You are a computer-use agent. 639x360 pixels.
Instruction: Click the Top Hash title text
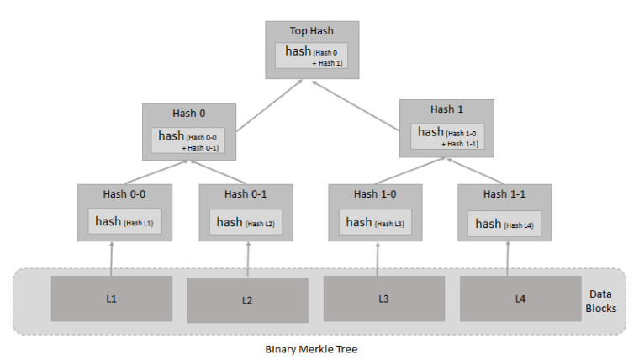click(x=311, y=31)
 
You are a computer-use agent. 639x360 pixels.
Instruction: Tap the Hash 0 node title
click(x=188, y=114)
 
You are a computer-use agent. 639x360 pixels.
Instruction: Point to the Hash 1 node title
click(x=446, y=109)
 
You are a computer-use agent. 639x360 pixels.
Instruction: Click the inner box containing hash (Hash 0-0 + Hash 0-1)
click(x=188, y=140)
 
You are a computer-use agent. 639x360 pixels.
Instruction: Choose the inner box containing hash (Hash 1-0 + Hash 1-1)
click(x=447, y=135)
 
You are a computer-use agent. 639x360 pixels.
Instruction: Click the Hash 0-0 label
click(x=126, y=194)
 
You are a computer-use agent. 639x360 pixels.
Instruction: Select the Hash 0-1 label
click(x=246, y=194)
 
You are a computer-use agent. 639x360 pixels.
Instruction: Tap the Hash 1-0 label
click(x=376, y=194)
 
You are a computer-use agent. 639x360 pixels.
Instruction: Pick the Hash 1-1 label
click(x=505, y=194)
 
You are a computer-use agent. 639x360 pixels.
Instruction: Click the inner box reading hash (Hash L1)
click(x=125, y=222)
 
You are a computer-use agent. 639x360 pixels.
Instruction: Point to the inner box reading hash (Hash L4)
click(x=504, y=224)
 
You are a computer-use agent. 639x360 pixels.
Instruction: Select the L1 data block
click(x=112, y=299)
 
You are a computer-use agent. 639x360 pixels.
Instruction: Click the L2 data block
click(x=247, y=300)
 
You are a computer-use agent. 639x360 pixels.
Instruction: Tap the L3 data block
click(x=383, y=299)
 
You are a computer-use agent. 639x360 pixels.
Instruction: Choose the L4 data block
click(x=520, y=299)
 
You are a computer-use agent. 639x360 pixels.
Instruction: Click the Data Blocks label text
click(x=599, y=300)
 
